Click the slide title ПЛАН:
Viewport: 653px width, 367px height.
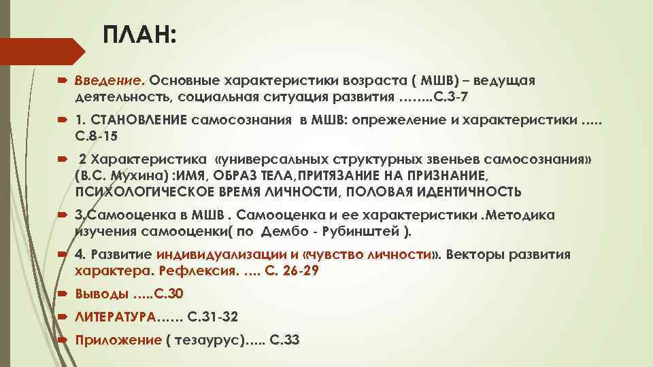pyautogui.click(x=139, y=35)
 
